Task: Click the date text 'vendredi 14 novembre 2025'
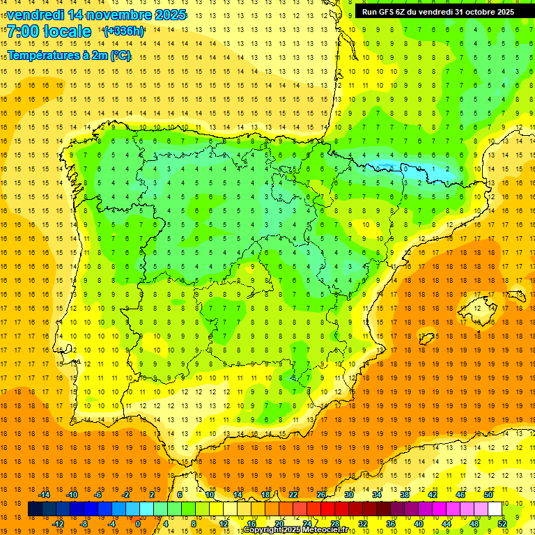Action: [x=96, y=15]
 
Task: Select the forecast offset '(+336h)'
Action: [x=124, y=31]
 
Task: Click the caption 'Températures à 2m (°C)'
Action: [x=69, y=56]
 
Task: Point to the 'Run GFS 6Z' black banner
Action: [x=437, y=12]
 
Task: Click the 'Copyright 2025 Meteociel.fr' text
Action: [x=296, y=530]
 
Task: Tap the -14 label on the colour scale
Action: [x=45, y=495]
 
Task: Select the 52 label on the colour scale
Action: [x=502, y=524]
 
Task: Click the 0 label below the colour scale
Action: [x=138, y=524]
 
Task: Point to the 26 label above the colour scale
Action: [x=321, y=495]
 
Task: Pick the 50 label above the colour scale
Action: [x=488, y=495]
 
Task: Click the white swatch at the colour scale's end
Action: [x=495, y=509]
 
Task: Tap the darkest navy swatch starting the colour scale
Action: [x=35, y=509]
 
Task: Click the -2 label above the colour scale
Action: [x=125, y=495]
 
